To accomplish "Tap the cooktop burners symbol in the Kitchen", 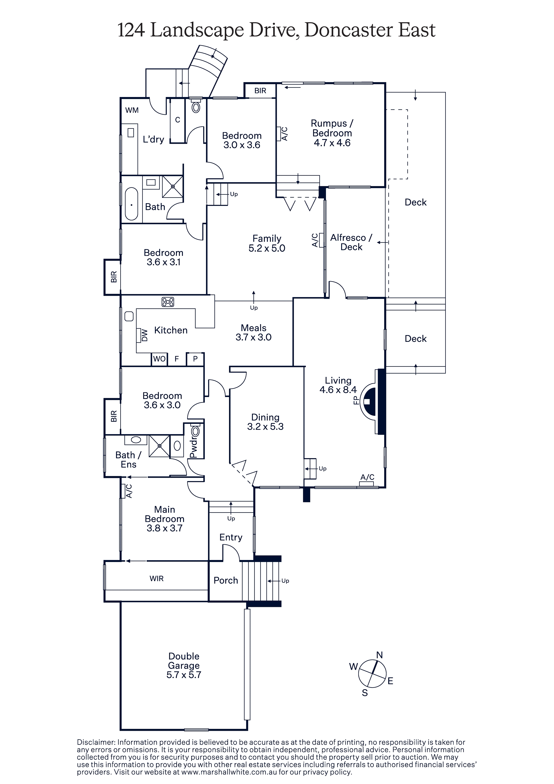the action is tap(168, 302).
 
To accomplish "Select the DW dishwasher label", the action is tap(144, 335).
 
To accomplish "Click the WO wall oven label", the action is tap(159, 359).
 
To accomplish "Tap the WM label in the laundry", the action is tap(132, 110).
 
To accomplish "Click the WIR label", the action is tap(156, 578).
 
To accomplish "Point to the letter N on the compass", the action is tap(379, 655).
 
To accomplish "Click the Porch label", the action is tap(226, 581).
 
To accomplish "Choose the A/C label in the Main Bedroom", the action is tap(129, 491).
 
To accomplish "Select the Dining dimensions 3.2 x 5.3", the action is tap(265, 427).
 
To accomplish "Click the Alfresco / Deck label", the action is tap(351, 242).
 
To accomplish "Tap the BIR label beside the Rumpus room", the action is tap(260, 91).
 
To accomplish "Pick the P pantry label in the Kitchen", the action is tap(195, 359).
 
